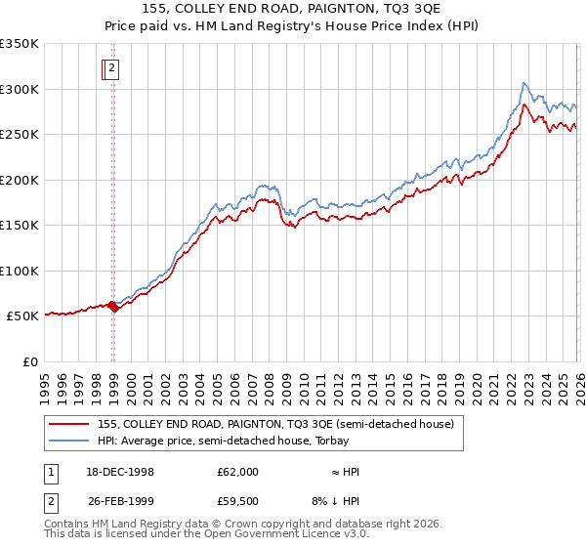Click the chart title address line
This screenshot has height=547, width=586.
pyautogui.click(x=293, y=11)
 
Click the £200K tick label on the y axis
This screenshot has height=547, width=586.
pyautogui.click(x=20, y=180)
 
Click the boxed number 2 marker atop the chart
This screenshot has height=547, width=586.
pyautogui.click(x=112, y=68)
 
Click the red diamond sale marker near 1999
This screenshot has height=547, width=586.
pyautogui.click(x=113, y=307)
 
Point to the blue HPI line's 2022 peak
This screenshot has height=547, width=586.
pyautogui.click(x=524, y=83)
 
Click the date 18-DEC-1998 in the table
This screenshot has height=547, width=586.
pyautogui.click(x=120, y=472)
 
